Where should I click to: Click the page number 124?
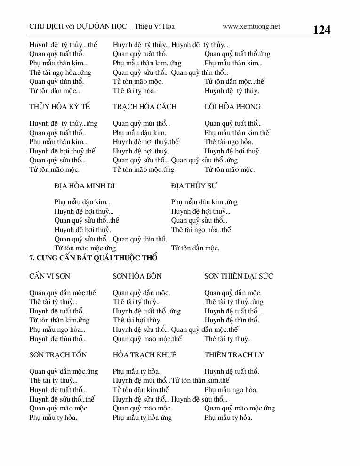click(x=321, y=30)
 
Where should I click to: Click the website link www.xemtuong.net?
click(x=251, y=27)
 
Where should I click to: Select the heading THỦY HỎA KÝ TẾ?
click(x=59, y=107)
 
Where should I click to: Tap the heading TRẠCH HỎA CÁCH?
click(x=144, y=107)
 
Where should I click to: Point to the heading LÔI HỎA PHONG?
click(x=232, y=107)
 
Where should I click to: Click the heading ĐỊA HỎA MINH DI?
click(x=84, y=186)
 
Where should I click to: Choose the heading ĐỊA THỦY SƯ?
click(x=194, y=186)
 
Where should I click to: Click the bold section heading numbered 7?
click(x=93, y=258)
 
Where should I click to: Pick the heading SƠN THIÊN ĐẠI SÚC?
click(x=239, y=276)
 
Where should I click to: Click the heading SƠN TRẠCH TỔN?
click(x=58, y=354)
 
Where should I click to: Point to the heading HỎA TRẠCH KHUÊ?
click(x=144, y=354)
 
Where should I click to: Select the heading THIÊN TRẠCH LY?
click(x=234, y=354)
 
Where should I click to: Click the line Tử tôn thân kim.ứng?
click(x=59, y=321)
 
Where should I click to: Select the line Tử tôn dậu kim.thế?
click(x=141, y=390)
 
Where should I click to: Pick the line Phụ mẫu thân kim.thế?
click(x=237, y=133)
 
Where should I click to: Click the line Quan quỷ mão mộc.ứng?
click(x=240, y=408)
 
